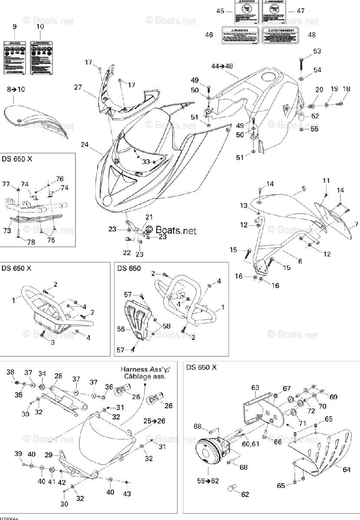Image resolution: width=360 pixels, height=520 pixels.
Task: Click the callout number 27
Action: tap(78, 87)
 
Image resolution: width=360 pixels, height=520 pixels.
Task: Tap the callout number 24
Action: tap(85, 144)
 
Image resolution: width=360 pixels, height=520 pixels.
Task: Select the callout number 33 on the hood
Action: tap(146, 162)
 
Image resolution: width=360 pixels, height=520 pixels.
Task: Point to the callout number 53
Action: tap(317, 52)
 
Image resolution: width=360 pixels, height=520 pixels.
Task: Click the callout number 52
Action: tap(315, 116)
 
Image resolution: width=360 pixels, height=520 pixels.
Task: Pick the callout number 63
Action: tap(255, 387)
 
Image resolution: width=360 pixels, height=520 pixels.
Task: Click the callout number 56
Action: tap(121, 329)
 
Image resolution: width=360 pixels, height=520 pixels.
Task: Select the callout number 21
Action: tap(149, 217)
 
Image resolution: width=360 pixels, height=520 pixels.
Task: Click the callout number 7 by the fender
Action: tap(356, 224)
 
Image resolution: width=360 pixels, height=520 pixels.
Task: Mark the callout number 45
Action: tap(220, 11)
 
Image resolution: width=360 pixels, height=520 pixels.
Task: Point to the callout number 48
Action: tap(312, 35)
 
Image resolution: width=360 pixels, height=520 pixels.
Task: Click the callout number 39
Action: tap(18, 454)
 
